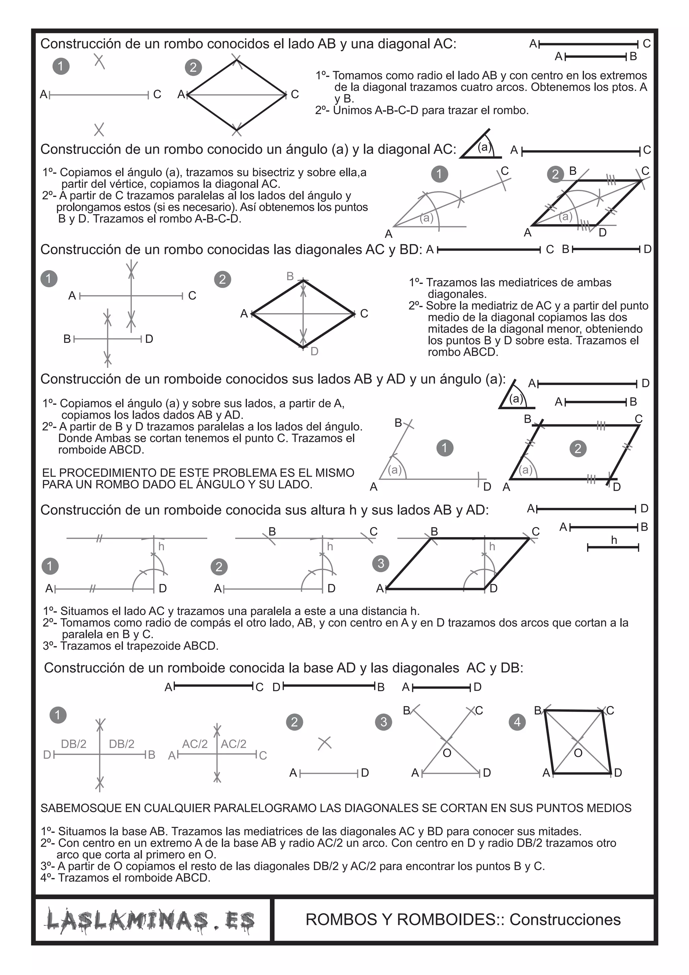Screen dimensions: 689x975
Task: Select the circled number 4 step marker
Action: (517, 722)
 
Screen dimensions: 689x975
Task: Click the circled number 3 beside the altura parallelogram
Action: (380, 563)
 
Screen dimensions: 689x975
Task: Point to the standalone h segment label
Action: (614, 540)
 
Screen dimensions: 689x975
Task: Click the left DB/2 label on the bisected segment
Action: (73, 744)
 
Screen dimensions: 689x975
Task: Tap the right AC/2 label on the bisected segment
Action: (234, 744)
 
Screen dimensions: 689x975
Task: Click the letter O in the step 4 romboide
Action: (578, 753)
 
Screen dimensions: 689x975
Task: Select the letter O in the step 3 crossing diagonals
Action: (447, 753)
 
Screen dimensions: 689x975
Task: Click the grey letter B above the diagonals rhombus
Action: (290, 277)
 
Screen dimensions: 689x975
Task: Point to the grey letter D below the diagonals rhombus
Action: (314, 352)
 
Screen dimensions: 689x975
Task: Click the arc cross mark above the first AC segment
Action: (99, 61)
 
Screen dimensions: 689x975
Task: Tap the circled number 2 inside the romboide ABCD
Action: (578, 448)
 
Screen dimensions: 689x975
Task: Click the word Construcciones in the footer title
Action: (565, 920)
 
